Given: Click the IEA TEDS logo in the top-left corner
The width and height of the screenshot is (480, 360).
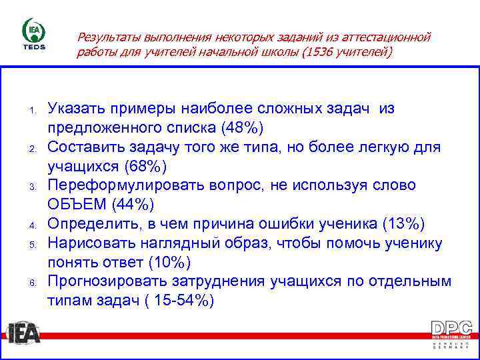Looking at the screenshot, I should (x=34, y=36).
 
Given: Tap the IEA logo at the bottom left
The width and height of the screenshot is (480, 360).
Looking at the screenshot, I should (x=24, y=332).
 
